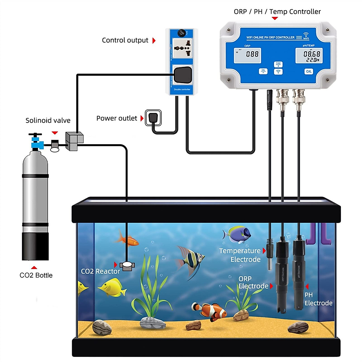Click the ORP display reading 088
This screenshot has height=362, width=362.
click(248, 55)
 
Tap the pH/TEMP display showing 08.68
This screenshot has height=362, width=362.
click(309, 56)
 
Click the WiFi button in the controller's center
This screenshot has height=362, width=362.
click(278, 72)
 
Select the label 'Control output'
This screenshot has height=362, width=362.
click(125, 40)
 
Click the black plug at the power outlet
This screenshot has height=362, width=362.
click(153, 117)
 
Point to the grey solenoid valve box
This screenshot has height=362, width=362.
click(74, 141)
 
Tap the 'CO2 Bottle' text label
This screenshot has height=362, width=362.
click(36, 275)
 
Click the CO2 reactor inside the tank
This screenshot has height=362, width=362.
click(127, 266)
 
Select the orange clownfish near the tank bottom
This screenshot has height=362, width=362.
click(210, 311)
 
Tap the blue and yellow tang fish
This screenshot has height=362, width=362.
click(237, 234)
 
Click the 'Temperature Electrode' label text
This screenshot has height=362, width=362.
click(240, 255)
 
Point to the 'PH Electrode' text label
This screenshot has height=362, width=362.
click(318, 299)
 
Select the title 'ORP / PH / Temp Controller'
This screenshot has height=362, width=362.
click(277, 12)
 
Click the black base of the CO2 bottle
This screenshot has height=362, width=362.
click(35, 246)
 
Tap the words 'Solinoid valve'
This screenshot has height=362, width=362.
click(48, 121)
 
